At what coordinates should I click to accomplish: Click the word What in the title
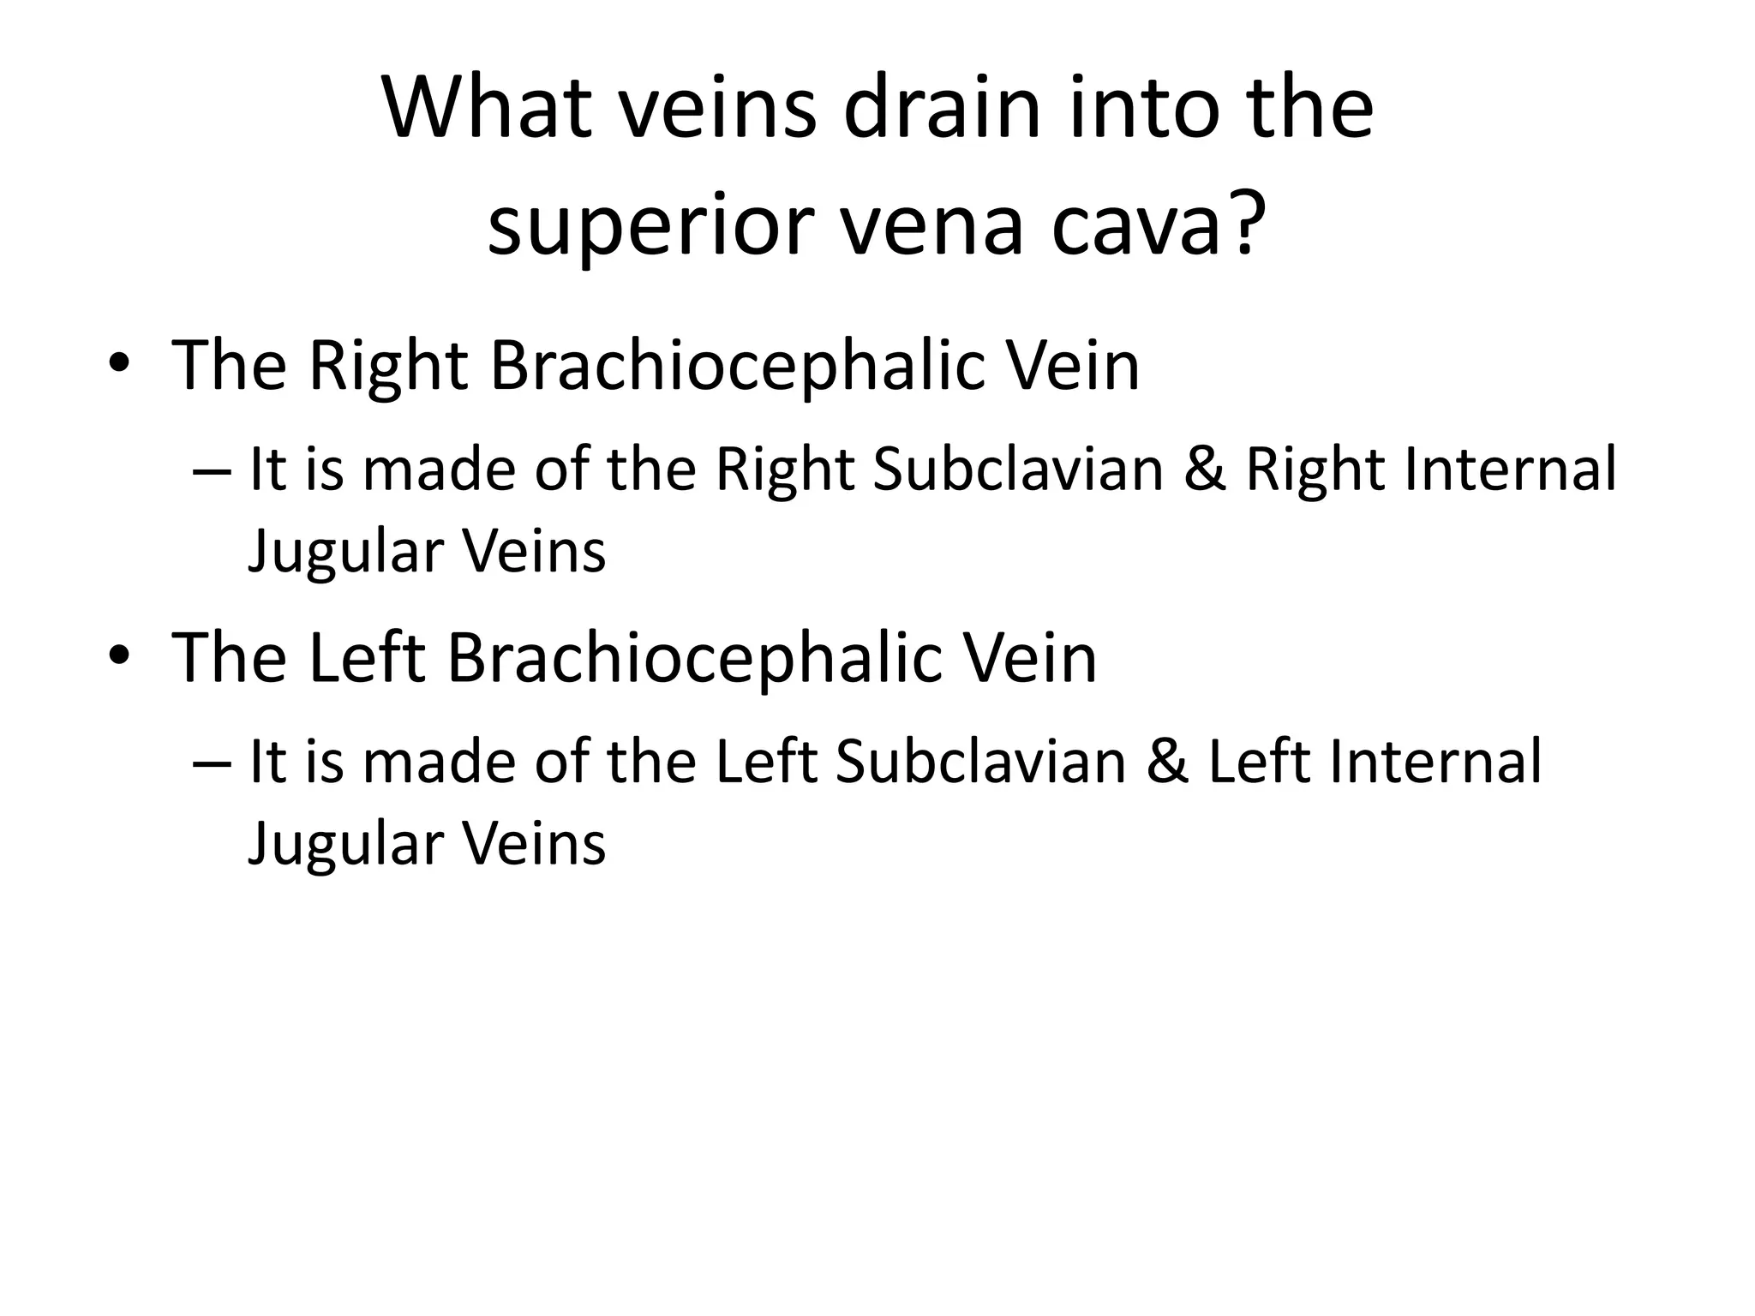tap(487, 109)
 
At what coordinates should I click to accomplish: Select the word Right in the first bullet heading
tap(387, 367)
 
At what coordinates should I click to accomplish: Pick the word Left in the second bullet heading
tap(366, 659)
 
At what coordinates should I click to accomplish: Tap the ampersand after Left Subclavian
tap(1167, 763)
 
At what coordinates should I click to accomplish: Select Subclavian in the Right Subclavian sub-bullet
tap(1018, 470)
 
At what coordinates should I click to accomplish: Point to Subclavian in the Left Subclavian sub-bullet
tap(980, 763)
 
